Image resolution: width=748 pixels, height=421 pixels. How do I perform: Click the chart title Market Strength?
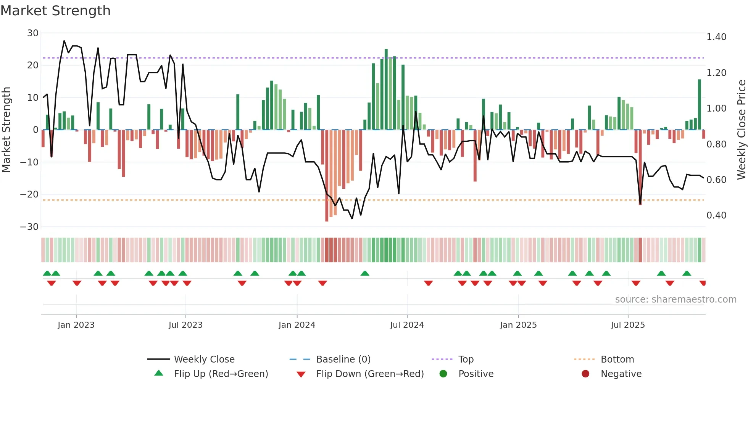55,11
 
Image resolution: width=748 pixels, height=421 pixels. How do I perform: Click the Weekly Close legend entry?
204,359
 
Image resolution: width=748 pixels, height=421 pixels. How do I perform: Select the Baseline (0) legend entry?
343,359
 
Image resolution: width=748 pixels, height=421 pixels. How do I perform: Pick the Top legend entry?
466,359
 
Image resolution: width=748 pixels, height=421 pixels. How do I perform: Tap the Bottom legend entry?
617,359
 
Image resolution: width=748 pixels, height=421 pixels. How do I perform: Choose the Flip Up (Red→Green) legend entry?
221,374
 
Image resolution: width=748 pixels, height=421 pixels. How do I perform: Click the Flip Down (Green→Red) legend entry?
370,374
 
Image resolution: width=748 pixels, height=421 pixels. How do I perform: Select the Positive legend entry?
476,374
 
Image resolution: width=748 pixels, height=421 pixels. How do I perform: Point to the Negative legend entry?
621,374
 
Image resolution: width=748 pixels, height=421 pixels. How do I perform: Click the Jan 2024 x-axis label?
297,325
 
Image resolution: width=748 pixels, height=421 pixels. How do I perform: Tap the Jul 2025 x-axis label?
627,325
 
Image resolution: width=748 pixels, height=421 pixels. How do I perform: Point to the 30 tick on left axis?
33,33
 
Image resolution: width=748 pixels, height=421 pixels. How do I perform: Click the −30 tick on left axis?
29,227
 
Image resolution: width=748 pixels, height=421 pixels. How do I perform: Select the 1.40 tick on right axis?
716,37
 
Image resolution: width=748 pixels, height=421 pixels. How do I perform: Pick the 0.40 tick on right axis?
716,215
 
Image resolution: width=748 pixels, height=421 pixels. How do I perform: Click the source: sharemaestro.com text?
675,300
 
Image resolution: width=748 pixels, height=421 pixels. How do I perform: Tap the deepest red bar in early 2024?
327,176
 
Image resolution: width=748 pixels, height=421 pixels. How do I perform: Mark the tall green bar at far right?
700,105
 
